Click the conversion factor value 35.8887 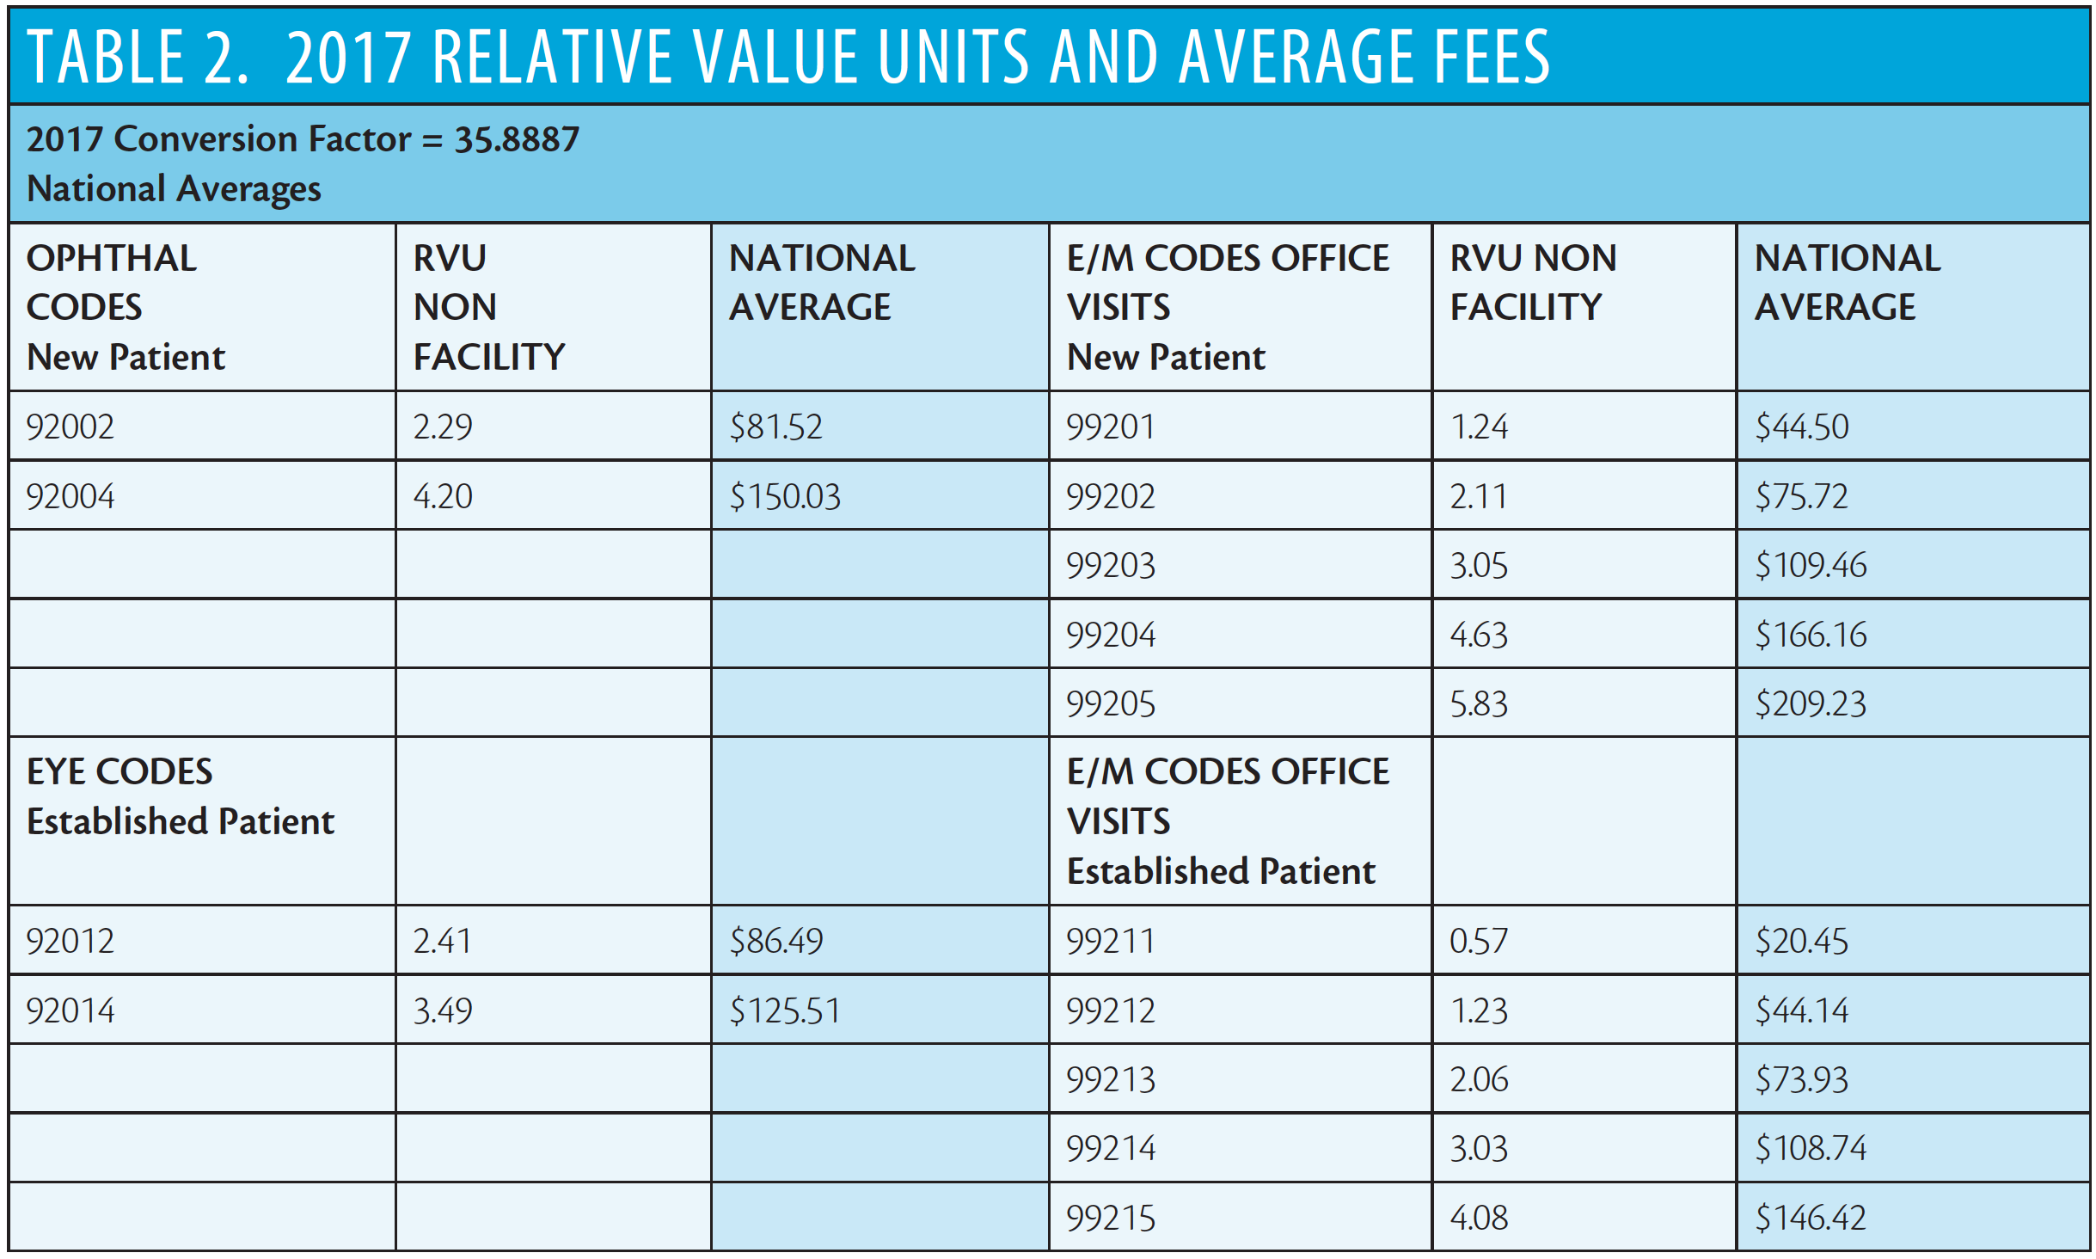click(518, 139)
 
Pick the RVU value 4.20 click(443, 496)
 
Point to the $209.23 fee click(1811, 703)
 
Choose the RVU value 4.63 click(1479, 635)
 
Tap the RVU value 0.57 click(1479, 941)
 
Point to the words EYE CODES click(120, 771)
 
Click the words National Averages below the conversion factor click(174, 188)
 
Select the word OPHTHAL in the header click(112, 258)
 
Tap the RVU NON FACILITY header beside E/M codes click(1534, 282)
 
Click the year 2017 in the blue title click(349, 57)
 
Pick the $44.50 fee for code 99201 click(1802, 427)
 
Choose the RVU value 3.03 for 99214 click(1479, 1149)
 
